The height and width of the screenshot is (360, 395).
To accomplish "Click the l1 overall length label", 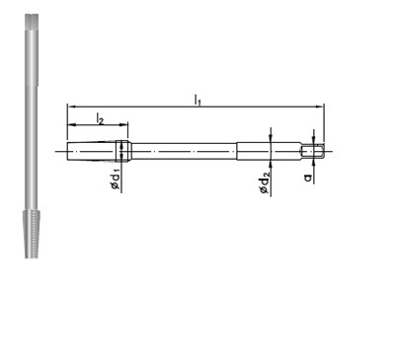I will click(x=198, y=100).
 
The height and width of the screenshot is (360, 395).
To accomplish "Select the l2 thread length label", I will click(x=100, y=117).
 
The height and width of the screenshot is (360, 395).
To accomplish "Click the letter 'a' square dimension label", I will click(x=310, y=176).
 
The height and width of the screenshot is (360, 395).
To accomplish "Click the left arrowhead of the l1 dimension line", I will click(x=71, y=107).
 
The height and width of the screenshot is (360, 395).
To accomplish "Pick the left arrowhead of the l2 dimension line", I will click(x=71, y=125).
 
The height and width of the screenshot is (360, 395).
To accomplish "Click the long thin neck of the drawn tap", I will click(x=183, y=150).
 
